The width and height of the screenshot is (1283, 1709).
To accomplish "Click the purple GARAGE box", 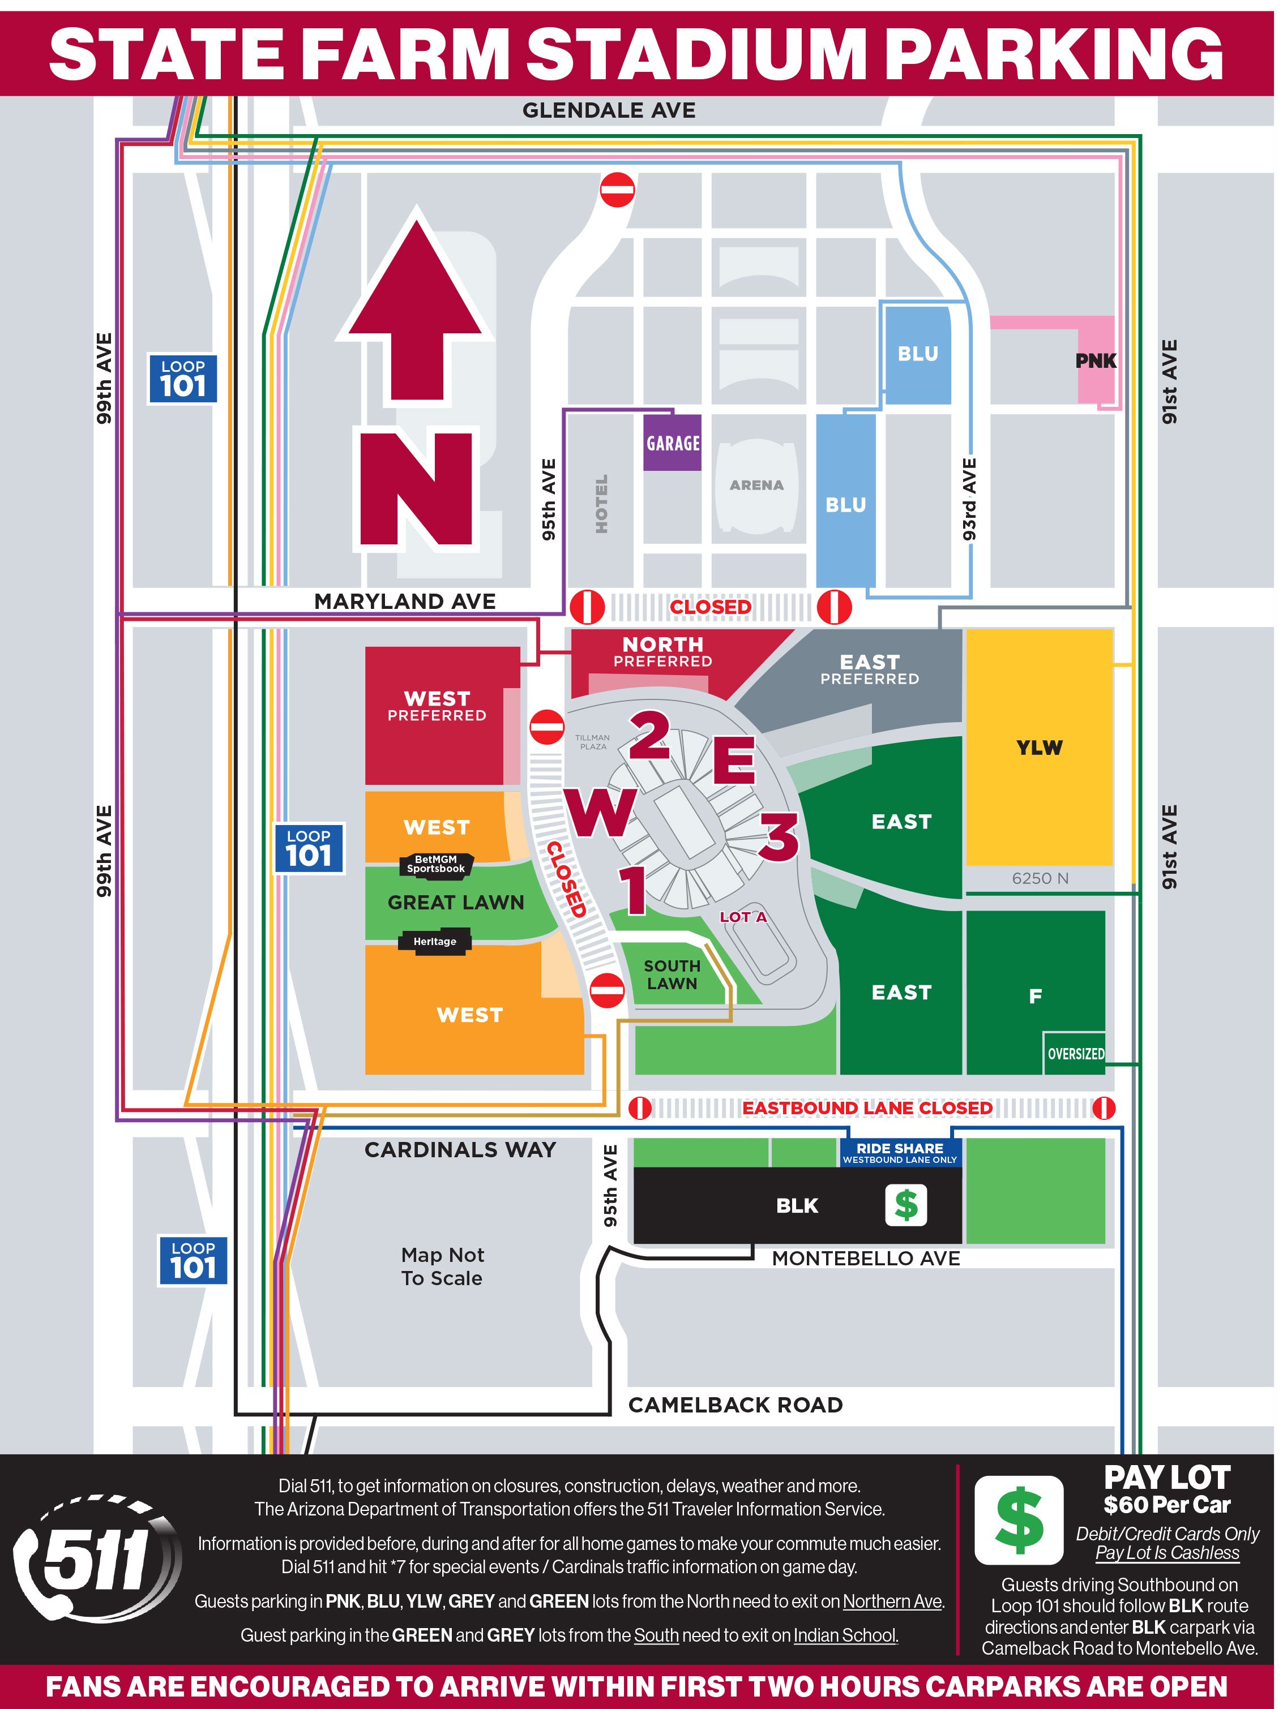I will [673, 443].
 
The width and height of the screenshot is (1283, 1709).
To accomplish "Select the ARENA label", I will [756, 485].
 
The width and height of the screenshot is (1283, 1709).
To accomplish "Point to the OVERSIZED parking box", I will [1075, 1054].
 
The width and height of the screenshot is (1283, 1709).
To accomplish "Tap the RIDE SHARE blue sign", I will [900, 1153].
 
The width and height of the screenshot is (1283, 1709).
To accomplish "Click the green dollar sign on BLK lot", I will [905, 1205].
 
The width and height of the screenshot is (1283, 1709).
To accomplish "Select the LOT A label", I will [743, 917].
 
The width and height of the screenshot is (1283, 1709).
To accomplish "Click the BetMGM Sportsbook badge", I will [436, 864].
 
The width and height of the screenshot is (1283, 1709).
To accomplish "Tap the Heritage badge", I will [434, 941].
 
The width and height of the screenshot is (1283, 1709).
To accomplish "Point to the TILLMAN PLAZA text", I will [593, 742].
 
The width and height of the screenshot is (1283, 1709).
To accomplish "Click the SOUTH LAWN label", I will [672, 974].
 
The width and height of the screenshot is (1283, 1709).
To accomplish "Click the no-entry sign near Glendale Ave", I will [617, 189].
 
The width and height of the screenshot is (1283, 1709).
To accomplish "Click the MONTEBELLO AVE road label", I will [866, 1259].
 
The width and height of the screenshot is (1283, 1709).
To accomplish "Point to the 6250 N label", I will [1040, 878].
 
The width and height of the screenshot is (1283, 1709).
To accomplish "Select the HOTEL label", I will [601, 503].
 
